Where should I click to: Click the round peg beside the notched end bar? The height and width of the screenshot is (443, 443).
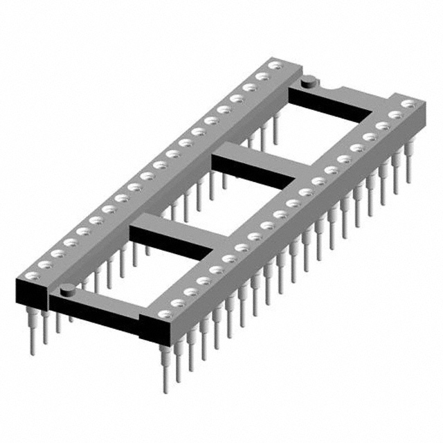[310, 82]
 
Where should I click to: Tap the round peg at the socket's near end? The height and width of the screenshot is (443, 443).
[66, 290]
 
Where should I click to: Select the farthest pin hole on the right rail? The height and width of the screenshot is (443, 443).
[409, 105]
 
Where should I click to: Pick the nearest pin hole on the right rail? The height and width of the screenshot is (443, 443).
[164, 314]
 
